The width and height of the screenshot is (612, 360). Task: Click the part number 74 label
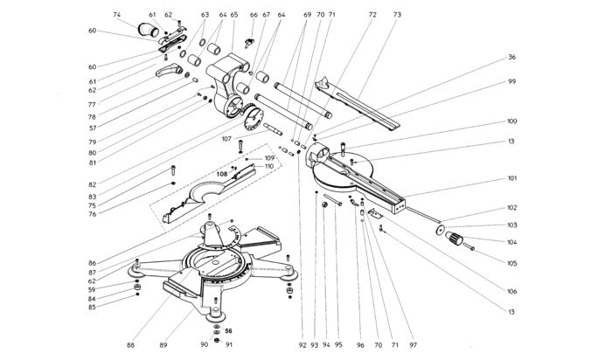click(116, 15)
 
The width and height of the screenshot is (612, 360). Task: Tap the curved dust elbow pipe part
click(148, 30)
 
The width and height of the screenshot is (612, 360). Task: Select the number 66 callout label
click(254, 15)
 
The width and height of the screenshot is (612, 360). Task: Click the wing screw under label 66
click(248, 42)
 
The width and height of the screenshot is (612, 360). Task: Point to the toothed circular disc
click(254, 117)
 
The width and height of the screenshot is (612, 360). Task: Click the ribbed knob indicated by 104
click(454, 238)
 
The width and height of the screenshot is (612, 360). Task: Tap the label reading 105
click(511, 263)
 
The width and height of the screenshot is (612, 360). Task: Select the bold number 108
click(222, 175)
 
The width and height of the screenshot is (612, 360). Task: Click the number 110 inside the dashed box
click(269, 167)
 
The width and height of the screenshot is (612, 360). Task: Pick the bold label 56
click(228, 331)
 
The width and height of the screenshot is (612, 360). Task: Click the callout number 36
click(511, 57)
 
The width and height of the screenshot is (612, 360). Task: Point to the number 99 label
click(511, 81)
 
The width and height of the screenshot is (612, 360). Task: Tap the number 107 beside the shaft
click(226, 139)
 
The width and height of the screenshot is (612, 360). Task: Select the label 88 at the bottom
click(131, 345)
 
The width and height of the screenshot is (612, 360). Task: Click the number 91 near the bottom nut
click(229, 345)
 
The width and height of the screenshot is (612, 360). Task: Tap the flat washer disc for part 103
click(440, 231)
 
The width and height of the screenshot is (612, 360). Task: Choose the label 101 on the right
click(511, 178)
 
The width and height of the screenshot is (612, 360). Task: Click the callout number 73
click(397, 15)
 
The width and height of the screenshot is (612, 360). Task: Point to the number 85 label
click(92, 308)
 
